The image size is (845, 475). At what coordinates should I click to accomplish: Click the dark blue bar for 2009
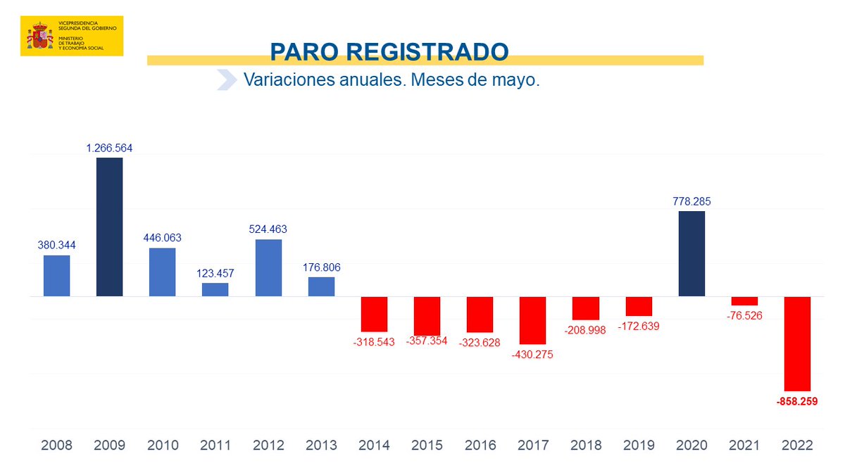pos(109,227)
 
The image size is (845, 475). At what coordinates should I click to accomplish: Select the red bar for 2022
pos(798,343)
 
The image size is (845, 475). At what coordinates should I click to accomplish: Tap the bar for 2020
pos(691,253)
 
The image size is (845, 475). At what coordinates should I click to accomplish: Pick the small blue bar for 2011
pos(215,289)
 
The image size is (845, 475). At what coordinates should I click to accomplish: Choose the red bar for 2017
pos(532,320)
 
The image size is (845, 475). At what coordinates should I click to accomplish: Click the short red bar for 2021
pos(744,300)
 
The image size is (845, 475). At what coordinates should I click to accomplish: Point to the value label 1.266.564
pos(109,148)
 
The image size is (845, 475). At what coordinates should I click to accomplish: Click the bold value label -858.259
pos(797,402)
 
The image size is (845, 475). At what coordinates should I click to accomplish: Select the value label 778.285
pos(691,202)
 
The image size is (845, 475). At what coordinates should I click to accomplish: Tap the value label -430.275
pos(532,355)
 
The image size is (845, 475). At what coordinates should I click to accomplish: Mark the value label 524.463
pos(268,229)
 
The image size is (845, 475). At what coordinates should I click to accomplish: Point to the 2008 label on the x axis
pos(56,445)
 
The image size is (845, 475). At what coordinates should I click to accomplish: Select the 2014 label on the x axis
pos(374,445)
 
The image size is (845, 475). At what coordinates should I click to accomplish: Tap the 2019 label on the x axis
pos(639,445)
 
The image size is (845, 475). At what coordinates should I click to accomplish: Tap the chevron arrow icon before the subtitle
pos(226,80)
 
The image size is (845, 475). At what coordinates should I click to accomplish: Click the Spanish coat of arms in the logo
pos(39,37)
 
